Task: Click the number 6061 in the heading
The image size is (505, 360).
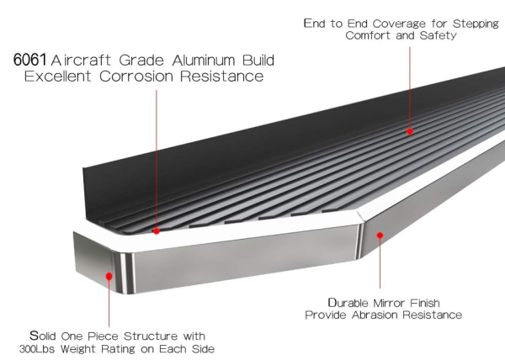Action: [x=29, y=60]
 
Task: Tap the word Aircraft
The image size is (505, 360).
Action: [x=81, y=61]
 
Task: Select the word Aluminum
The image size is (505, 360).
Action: [x=204, y=61]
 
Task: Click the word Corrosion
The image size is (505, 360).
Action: [x=136, y=77]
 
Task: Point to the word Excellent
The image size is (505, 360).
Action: [x=58, y=77]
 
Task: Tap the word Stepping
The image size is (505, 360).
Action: [x=476, y=24]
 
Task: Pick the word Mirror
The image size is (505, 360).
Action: [x=389, y=303]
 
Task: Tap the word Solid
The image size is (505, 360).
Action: [x=43, y=336]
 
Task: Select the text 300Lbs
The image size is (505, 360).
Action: [x=37, y=349]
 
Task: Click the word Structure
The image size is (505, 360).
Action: [x=151, y=336]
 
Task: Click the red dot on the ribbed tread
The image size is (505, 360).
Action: [x=410, y=131]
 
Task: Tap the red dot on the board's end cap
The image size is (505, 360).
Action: [x=109, y=277]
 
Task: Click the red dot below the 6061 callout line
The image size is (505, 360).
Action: [x=157, y=230]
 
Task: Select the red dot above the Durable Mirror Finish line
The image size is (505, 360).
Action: [x=380, y=236]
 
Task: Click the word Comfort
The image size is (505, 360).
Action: [x=368, y=35]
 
